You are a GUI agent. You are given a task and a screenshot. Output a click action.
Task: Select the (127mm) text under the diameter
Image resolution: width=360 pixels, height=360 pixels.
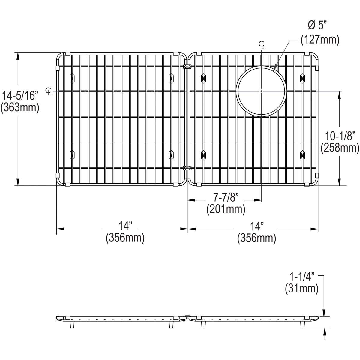click(320, 40)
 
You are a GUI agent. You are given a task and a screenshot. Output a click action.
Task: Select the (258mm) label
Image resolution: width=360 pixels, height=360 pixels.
click(340, 147)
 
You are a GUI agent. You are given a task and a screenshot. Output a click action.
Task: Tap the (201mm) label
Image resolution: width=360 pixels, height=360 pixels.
click(226, 209)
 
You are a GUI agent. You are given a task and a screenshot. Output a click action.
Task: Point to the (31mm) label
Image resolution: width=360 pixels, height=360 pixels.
click(301, 289)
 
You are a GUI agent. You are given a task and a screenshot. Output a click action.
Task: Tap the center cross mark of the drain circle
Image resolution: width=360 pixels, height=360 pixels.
click(262, 91)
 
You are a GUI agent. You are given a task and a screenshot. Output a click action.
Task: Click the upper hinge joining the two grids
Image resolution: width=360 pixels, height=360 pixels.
click(187, 67)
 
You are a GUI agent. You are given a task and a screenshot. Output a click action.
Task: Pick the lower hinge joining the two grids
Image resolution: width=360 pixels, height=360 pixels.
click(187, 168)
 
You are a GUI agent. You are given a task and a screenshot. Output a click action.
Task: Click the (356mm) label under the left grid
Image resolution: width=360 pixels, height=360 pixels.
click(125, 238)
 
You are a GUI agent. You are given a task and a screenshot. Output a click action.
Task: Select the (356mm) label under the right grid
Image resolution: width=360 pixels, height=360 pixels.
click(256, 238)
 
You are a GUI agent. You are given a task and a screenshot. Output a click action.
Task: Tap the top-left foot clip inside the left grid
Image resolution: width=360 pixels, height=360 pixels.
click(72, 78)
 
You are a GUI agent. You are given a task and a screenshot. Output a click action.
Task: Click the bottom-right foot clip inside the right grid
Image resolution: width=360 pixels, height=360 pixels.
click(302, 154)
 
